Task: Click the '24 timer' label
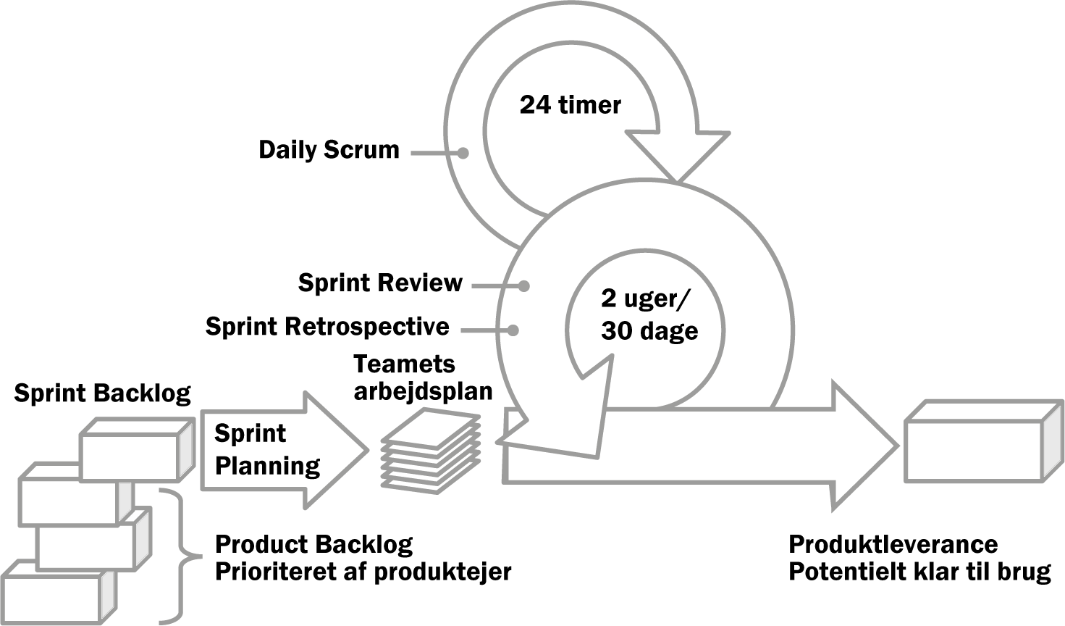pos(570,104)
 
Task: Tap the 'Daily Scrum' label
pos(329,150)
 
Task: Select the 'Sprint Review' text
pos(380,283)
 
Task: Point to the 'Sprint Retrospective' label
pos(327,327)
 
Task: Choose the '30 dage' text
pos(649,331)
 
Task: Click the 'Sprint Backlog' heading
pos(102,394)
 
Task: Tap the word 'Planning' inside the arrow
pos(268,466)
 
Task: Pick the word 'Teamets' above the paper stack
pos(405,364)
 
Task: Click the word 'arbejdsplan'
pos(423,392)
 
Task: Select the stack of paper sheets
pos(431,451)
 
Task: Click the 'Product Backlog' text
pos(313,545)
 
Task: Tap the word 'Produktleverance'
pos(893,545)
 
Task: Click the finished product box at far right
pos(984,441)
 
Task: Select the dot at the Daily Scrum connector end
pos(463,153)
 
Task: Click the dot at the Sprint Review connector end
pos(523,286)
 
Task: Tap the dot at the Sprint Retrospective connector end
pos(513,330)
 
